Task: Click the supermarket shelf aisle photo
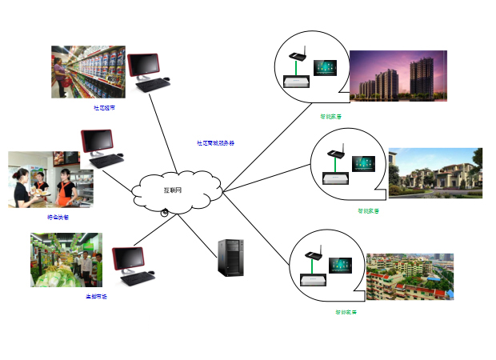(x=88, y=72)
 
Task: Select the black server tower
(x=231, y=258)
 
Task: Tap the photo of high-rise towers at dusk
(x=398, y=75)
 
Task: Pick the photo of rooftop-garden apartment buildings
(x=410, y=276)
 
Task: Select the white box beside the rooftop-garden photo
(x=311, y=280)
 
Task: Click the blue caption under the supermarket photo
(x=104, y=107)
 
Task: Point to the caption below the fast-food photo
(x=58, y=217)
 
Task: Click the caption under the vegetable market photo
(x=97, y=297)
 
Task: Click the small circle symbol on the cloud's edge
(x=164, y=212)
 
